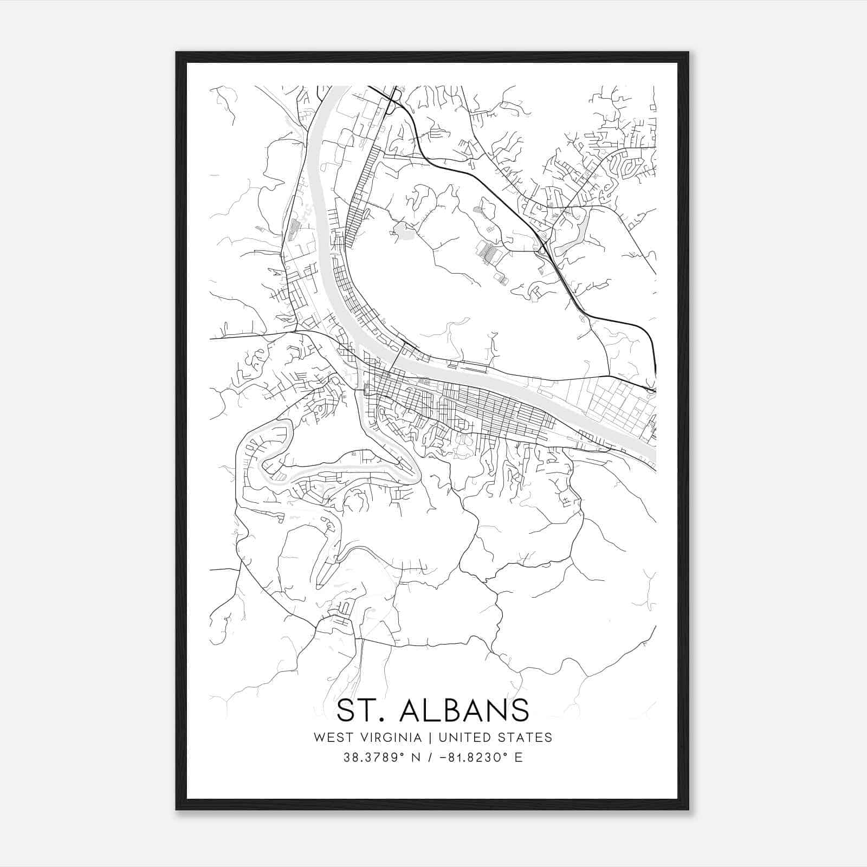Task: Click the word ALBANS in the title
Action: tap(464, 710)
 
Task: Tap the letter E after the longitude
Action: tap(519, 758)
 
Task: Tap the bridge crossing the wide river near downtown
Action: tap(398, 355)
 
